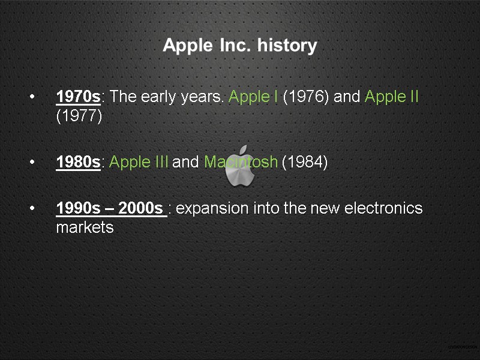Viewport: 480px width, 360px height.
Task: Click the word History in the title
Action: (287, 46)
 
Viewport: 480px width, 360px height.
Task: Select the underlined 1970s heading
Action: (78, 97)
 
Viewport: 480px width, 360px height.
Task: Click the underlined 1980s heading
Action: (78, 162)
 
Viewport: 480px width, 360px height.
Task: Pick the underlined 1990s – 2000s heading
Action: (111, 208)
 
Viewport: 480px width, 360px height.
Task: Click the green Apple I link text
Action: (253, 97)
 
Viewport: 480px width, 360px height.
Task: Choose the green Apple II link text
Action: (391, 97)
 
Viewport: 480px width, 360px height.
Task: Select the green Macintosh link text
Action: (241, 162)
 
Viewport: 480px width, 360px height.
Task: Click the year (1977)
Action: (79, 116)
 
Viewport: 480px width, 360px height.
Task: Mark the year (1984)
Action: (304, 162)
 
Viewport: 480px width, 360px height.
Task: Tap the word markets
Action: (85, 227)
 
